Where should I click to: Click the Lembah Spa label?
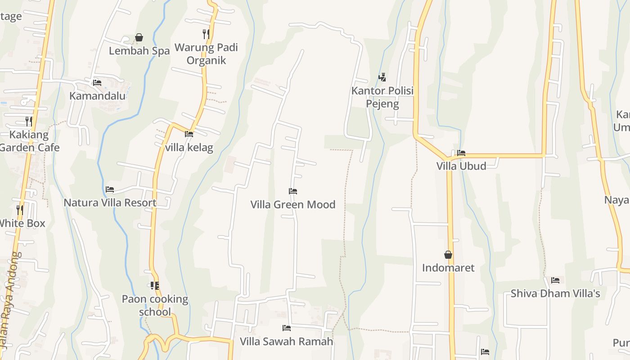(139, 51)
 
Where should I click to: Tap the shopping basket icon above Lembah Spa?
(139, 37)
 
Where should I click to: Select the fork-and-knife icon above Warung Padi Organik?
(206, 34)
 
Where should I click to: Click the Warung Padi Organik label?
(206, 54)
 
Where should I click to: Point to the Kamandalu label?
(97, 96)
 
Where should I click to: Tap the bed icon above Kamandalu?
(97, 82)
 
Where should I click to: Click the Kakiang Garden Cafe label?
(30, 141)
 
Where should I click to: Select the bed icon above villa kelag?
(189, 134)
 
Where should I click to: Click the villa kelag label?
(189, 148)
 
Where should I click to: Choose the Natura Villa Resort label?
(110, 202)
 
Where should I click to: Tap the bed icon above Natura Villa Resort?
(110, 189)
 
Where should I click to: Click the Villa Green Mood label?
(293, 205)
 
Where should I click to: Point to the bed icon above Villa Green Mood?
(293, 191)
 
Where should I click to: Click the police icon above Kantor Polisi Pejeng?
(382, 77)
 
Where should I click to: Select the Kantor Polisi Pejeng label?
(382, 97)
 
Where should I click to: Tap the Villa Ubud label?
(461, 166)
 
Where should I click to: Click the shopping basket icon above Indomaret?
(448, 255)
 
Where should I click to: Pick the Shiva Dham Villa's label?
(555, 294)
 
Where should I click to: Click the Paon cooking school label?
(155, 305)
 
